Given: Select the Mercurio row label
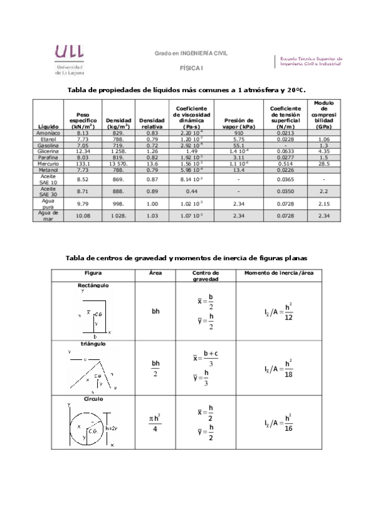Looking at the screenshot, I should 48,163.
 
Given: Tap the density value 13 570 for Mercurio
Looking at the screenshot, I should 118,163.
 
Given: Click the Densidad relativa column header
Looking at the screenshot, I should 151,123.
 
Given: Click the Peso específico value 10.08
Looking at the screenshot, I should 83,215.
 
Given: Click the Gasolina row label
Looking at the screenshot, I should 48,145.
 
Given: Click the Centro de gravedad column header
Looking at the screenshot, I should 205,276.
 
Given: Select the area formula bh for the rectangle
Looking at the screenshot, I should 156,311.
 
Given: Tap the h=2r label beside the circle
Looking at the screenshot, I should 113,428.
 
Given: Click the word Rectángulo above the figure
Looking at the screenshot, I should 88,285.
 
